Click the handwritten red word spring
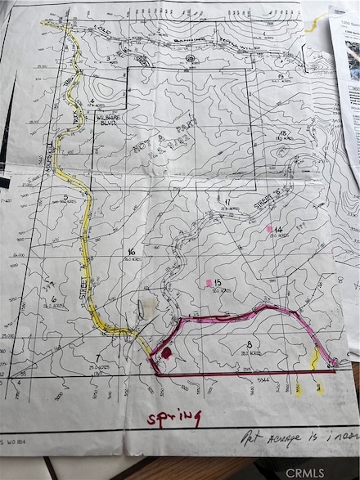pyautogui.click(x=173, y=418)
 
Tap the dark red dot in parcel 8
pyautogui.click(x=166, y=352)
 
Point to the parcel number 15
pyautogui.click(x=219, y=283)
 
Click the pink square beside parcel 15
pyautogui.click(x=209, y=283)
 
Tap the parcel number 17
pyautogui.click(x=226, y=202)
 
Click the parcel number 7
pyautogui.click(x=97, y=358)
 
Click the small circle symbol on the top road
pyautogui.click(x=190, y=60)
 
